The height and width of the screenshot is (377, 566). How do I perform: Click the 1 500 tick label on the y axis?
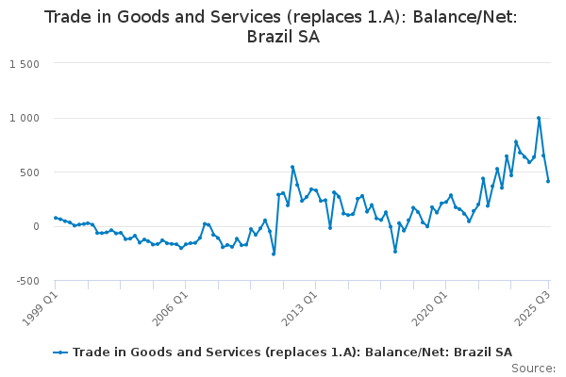(24, 64)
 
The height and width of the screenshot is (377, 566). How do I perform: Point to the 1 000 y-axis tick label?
(24, 118)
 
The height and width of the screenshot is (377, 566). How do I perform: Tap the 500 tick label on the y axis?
(29, 172)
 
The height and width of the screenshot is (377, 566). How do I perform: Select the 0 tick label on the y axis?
(35, 226)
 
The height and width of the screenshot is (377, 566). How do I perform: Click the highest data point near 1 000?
(539, 118)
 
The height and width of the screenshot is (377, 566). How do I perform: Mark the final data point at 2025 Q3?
(548, 181)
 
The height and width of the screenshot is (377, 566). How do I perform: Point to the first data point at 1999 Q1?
(56, 218)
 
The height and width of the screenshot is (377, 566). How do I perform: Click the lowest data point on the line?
(274, 254)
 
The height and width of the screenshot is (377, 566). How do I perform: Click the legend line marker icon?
(60, 352)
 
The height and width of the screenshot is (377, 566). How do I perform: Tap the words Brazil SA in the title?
(282, 38)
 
